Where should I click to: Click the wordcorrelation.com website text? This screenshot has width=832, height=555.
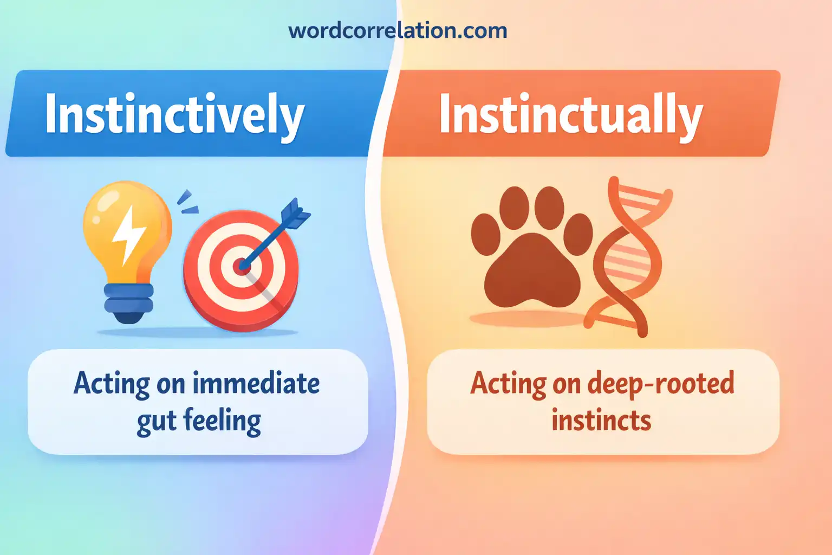398,30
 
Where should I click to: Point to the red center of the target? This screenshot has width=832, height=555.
242,267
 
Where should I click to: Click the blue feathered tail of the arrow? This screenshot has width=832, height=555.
295,213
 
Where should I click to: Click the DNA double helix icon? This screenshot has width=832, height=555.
628,256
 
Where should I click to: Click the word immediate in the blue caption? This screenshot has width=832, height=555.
257,383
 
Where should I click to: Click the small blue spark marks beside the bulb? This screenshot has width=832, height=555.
187,202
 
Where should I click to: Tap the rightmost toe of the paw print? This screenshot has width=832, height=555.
578,234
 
